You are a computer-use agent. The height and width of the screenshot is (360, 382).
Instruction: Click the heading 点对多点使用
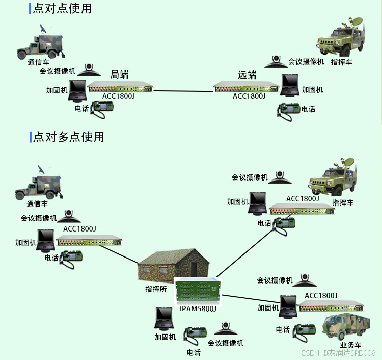[x=68, y=137]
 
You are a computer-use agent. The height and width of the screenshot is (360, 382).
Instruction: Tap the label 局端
[x=119, y=74]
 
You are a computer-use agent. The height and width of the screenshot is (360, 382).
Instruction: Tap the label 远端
[x=247, y=75]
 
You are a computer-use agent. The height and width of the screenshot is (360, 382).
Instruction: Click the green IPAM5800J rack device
[x=199, y=291]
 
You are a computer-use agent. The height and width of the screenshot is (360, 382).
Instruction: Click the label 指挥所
[x=156, y=289]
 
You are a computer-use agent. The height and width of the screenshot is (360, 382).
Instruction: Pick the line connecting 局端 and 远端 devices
[x=183, y=91]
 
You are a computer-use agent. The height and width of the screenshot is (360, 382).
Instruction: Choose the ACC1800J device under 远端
[x=247, y=88]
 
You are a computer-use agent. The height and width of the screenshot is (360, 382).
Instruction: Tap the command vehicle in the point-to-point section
[x=341, y=39]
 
